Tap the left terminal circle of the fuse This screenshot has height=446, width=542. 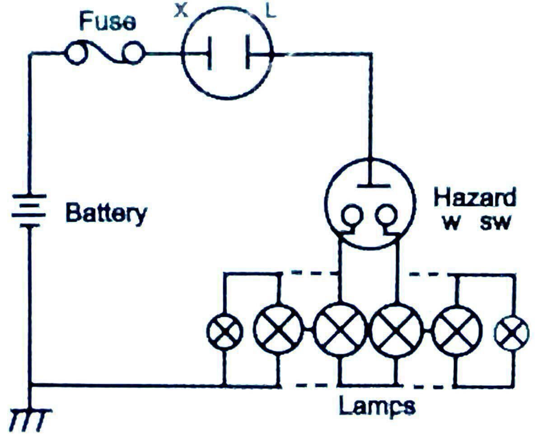pos(75,54)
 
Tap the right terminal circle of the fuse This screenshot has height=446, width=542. pos(134,54)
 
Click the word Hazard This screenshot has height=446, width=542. pos(474,198)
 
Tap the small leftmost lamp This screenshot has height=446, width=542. pos(224,332)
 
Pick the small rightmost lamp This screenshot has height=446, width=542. pos(512,333)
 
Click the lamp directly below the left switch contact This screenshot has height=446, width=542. pos(340,332)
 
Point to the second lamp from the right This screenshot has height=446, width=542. pos(456,332)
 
